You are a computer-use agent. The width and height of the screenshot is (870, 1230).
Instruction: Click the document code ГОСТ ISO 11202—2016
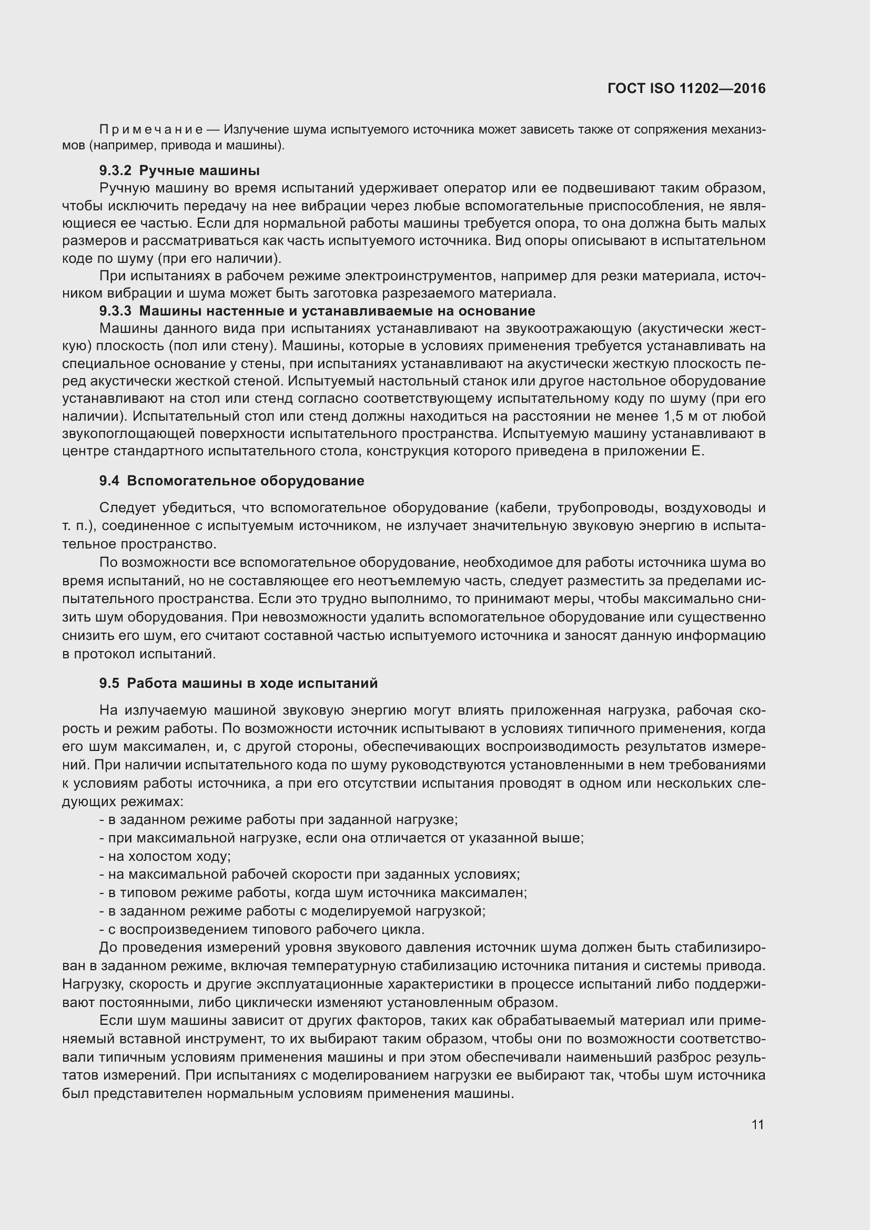click(x=686, y=88)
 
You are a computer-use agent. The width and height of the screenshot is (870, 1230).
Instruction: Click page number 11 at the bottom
click(x=757, y=1124)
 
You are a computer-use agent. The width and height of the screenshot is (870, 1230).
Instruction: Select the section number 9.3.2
click(x=115, y=170)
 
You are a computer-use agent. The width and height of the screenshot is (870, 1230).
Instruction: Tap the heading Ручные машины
click(x=199, y=170)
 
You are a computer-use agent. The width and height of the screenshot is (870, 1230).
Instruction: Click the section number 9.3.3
click(x=115, y=311)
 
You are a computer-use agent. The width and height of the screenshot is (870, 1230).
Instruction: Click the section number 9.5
click(x=109, y=683)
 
